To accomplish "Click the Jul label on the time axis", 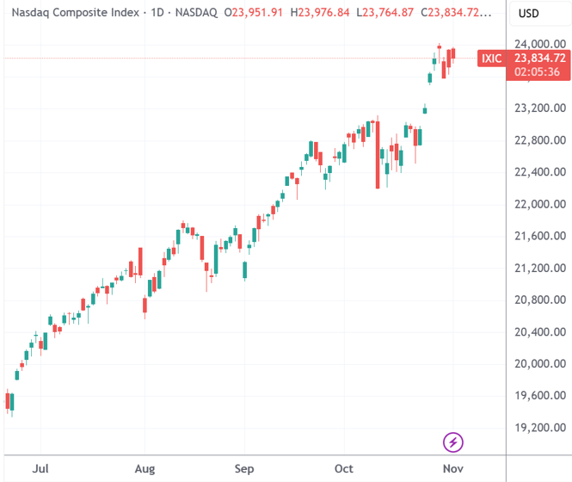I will [x=40, y=469].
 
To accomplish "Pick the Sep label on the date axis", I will [x=244, y=469].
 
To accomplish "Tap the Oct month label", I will [x=344, y=469].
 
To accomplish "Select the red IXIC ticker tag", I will [x=491, y=59].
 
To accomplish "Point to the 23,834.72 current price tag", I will [x=539, y=58].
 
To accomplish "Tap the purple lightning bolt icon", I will [x=453, y=443].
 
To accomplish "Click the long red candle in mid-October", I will [x=378, y=155].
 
